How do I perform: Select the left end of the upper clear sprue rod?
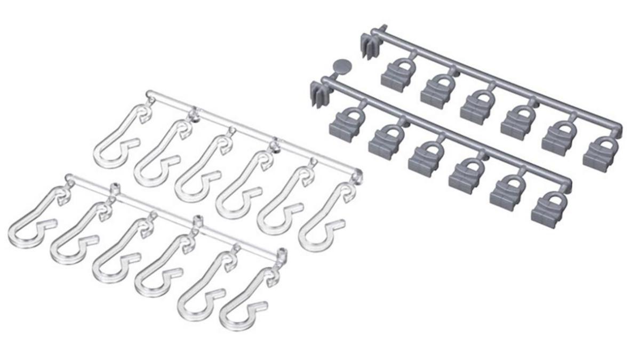[x=148, y=95]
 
